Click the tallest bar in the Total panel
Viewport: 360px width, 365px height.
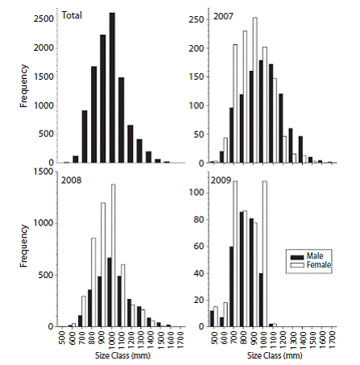[x=112, y=88]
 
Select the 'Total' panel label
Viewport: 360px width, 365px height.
[x=72, y=15]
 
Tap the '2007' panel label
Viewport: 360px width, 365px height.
[x=223, y=16]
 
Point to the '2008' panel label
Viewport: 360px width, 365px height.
[x=71, y=180]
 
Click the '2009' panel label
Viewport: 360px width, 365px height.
[x=221, y=180]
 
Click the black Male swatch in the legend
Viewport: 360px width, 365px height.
[x=297, y=257]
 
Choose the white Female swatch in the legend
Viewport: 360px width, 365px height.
[x=297, y=265]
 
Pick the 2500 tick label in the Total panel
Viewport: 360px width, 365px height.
[x=43, y=19]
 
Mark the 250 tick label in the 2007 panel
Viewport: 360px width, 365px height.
[x=197, y=20]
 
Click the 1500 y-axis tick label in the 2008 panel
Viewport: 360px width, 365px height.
[x=43, y=172]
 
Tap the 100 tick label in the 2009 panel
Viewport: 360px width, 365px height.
[x=197, y=193]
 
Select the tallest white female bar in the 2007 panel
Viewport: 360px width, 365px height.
[x=254, y=90]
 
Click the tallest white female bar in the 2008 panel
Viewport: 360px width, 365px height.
[x=113, y=255]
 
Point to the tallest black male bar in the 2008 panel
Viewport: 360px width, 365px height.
[x=110, y=292]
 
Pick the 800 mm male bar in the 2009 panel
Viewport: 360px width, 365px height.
[x=242, y=269]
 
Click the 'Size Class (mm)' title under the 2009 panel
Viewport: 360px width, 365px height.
[x=275, y=355]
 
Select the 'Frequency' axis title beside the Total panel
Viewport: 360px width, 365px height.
[x=24, y=86]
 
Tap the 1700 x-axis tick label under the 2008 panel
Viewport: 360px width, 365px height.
[x=180, y=339]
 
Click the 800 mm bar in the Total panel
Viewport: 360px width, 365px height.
[x=93, y=114]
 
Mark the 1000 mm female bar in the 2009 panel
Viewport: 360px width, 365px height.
[x=265, y=254]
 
